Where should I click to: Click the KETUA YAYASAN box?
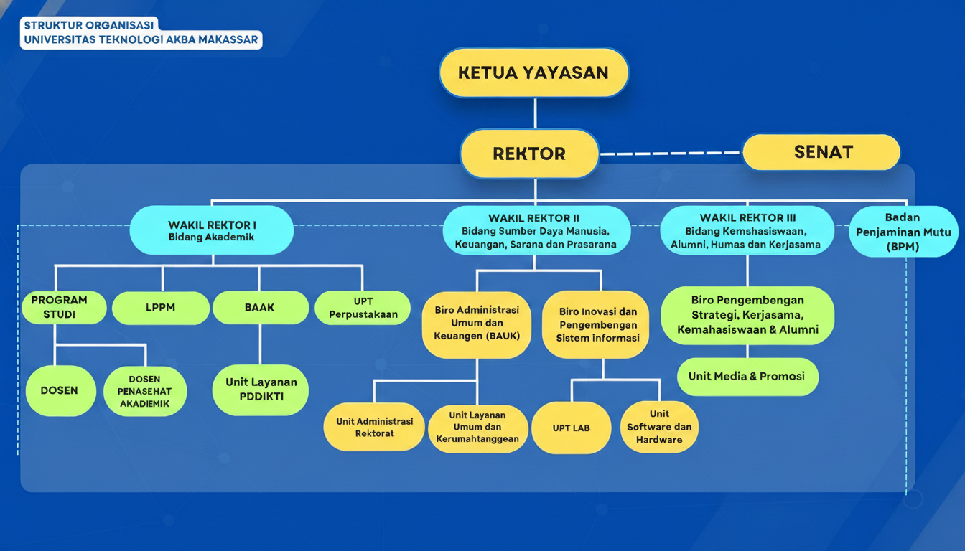coord(533,72)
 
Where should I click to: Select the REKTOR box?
coord(529,154)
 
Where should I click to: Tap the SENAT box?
coord(821,152)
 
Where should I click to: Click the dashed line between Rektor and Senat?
coord(671,153)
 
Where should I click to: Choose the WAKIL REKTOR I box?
coord(212,230)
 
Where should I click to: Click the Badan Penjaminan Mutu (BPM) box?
coord(903,232)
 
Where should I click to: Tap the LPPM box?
coord(162,308)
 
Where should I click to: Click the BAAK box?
coord(260,308)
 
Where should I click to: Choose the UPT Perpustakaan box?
coord(363,308)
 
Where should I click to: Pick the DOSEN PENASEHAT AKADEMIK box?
coord(144,391)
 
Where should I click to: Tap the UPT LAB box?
coord(572,428)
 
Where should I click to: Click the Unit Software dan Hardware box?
coord(659,427)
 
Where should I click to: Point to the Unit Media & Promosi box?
coord(747,377)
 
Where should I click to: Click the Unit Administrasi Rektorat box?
coord(375,427)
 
